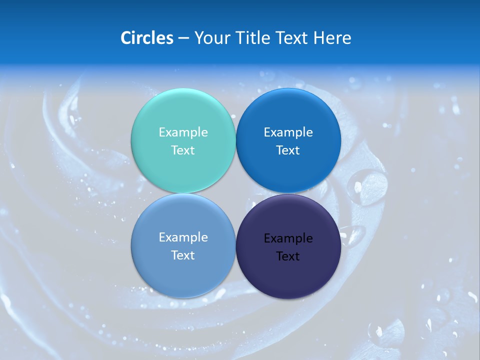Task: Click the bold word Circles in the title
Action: [x=147, y=38]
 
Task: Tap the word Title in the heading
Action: [x=254, y=38]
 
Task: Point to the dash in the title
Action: [x=183, y=38]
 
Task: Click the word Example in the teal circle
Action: [x=183, y=132]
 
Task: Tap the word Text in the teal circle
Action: [x=183, y=150]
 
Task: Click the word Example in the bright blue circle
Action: [x=288, y=132]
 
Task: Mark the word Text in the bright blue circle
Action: [x=288, y=150]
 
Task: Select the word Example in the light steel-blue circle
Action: [x=183, y=237]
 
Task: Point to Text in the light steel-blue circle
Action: [x=183, y=255]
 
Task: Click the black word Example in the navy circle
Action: [x=288, y=238]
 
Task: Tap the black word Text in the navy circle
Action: [x=288, y=256]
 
